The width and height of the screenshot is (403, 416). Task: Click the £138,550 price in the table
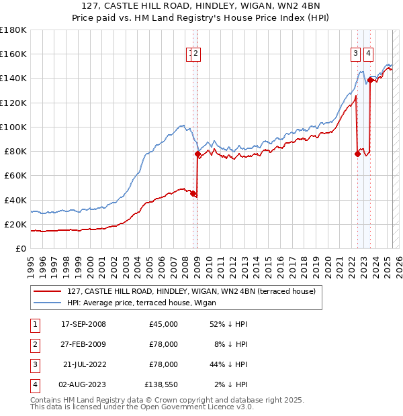click(161, 385)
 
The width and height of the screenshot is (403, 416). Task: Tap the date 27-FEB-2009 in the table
click(83, 345)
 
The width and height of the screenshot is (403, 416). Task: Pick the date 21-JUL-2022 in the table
click(83, 365)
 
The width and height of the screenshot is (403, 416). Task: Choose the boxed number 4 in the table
click(34, 385)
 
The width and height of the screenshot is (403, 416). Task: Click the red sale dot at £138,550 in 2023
click(370, 81)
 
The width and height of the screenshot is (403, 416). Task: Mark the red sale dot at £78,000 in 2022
click(357, 154)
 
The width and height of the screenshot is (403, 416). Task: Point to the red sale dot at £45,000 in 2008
click(193, 194)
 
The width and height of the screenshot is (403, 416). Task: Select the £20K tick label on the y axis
click(15, 224)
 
